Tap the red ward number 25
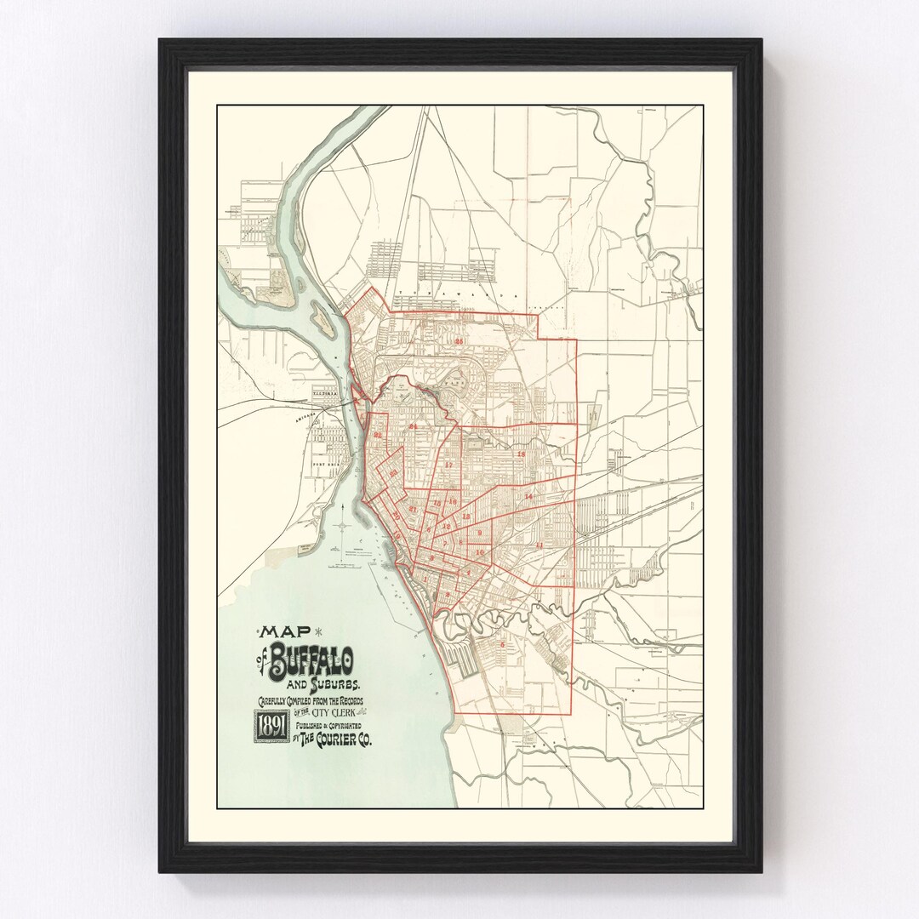(459, 341)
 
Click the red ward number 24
(414, 425)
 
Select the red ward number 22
(378, 436)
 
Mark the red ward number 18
(521, 454)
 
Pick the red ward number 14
(528, 495)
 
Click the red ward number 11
(539, 545)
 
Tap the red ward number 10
(480, 552)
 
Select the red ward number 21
(412, 509)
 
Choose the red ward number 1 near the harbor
(425, 580)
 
